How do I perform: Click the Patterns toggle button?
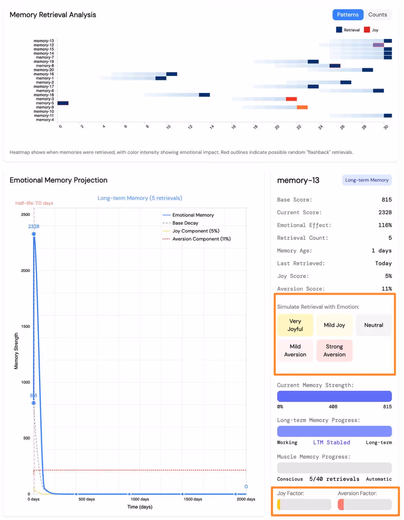pos(347,15)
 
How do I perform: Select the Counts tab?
pos(378,15)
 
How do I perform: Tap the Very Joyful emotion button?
pos(295,325)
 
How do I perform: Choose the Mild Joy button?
pos(334,325)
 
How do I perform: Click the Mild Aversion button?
pos(295,350)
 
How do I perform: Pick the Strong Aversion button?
pos(334,350)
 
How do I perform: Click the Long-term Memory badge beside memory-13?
pos(367,180)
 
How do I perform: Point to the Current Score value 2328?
pos(385,212)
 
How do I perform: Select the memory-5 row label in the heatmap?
pos(45,103)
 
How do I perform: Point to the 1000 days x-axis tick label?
pos(140,499)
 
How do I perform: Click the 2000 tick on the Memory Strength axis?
pos(26,271)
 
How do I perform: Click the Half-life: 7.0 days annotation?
pos(34,203)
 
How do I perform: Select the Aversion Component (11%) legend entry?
pos(201,239)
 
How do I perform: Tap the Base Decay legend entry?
pos(185,223)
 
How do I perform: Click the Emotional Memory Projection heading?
pos(59,180)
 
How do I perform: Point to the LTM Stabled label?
pos(332,442)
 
